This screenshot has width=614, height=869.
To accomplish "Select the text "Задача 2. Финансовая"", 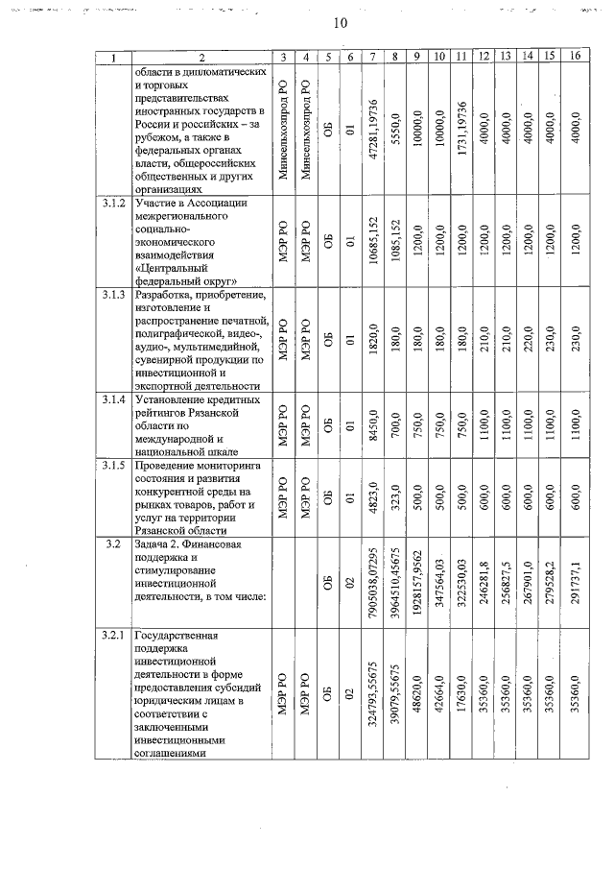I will pyautogui.click(x=189, y=544).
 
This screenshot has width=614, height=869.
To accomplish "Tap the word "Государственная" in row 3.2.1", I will pyautogui.click(x=183, y=636).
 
